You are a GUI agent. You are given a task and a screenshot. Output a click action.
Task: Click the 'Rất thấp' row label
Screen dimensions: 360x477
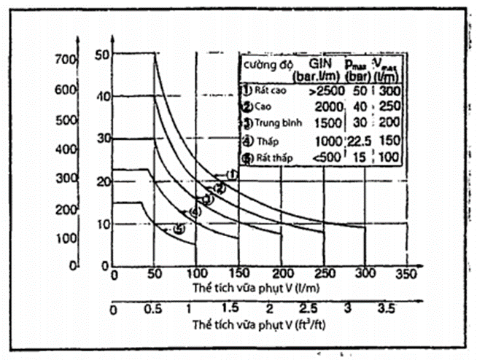coord(274,157)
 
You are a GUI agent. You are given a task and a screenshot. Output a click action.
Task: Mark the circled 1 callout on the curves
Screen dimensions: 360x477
coord(231,175)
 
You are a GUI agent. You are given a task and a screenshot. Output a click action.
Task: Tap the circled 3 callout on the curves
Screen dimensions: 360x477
coord(207,198)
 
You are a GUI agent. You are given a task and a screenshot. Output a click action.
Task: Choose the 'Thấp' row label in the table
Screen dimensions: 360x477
coord(271,141)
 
